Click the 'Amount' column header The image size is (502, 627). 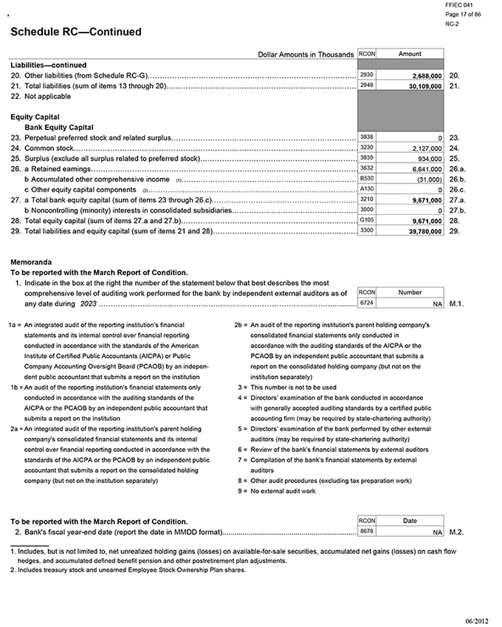(410, 54)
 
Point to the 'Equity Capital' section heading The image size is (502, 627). (35, 117)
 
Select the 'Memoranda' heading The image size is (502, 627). (30, 262)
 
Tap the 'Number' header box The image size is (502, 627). (410, 292)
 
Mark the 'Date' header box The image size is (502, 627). (410, 521)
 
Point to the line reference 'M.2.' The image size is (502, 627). (456, 532)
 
